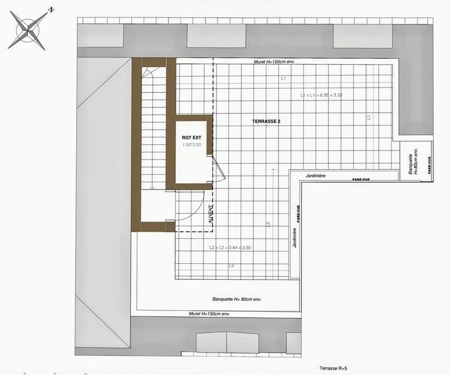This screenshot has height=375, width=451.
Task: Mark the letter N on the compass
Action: pyautogui.click(x=51, y=10)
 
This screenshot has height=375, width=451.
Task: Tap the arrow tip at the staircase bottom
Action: pyautogui.click(x=152, y=187)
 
